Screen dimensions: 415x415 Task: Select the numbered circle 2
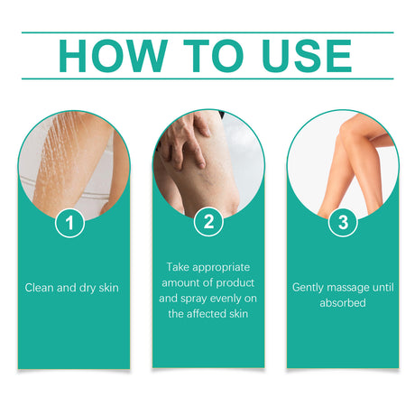coord(208,222)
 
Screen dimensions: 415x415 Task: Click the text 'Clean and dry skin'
coord(72,288)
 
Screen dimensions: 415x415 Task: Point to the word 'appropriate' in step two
coord(223,268)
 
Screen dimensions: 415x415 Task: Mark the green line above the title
coord(207,32)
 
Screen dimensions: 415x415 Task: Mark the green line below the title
coord(207,78)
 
